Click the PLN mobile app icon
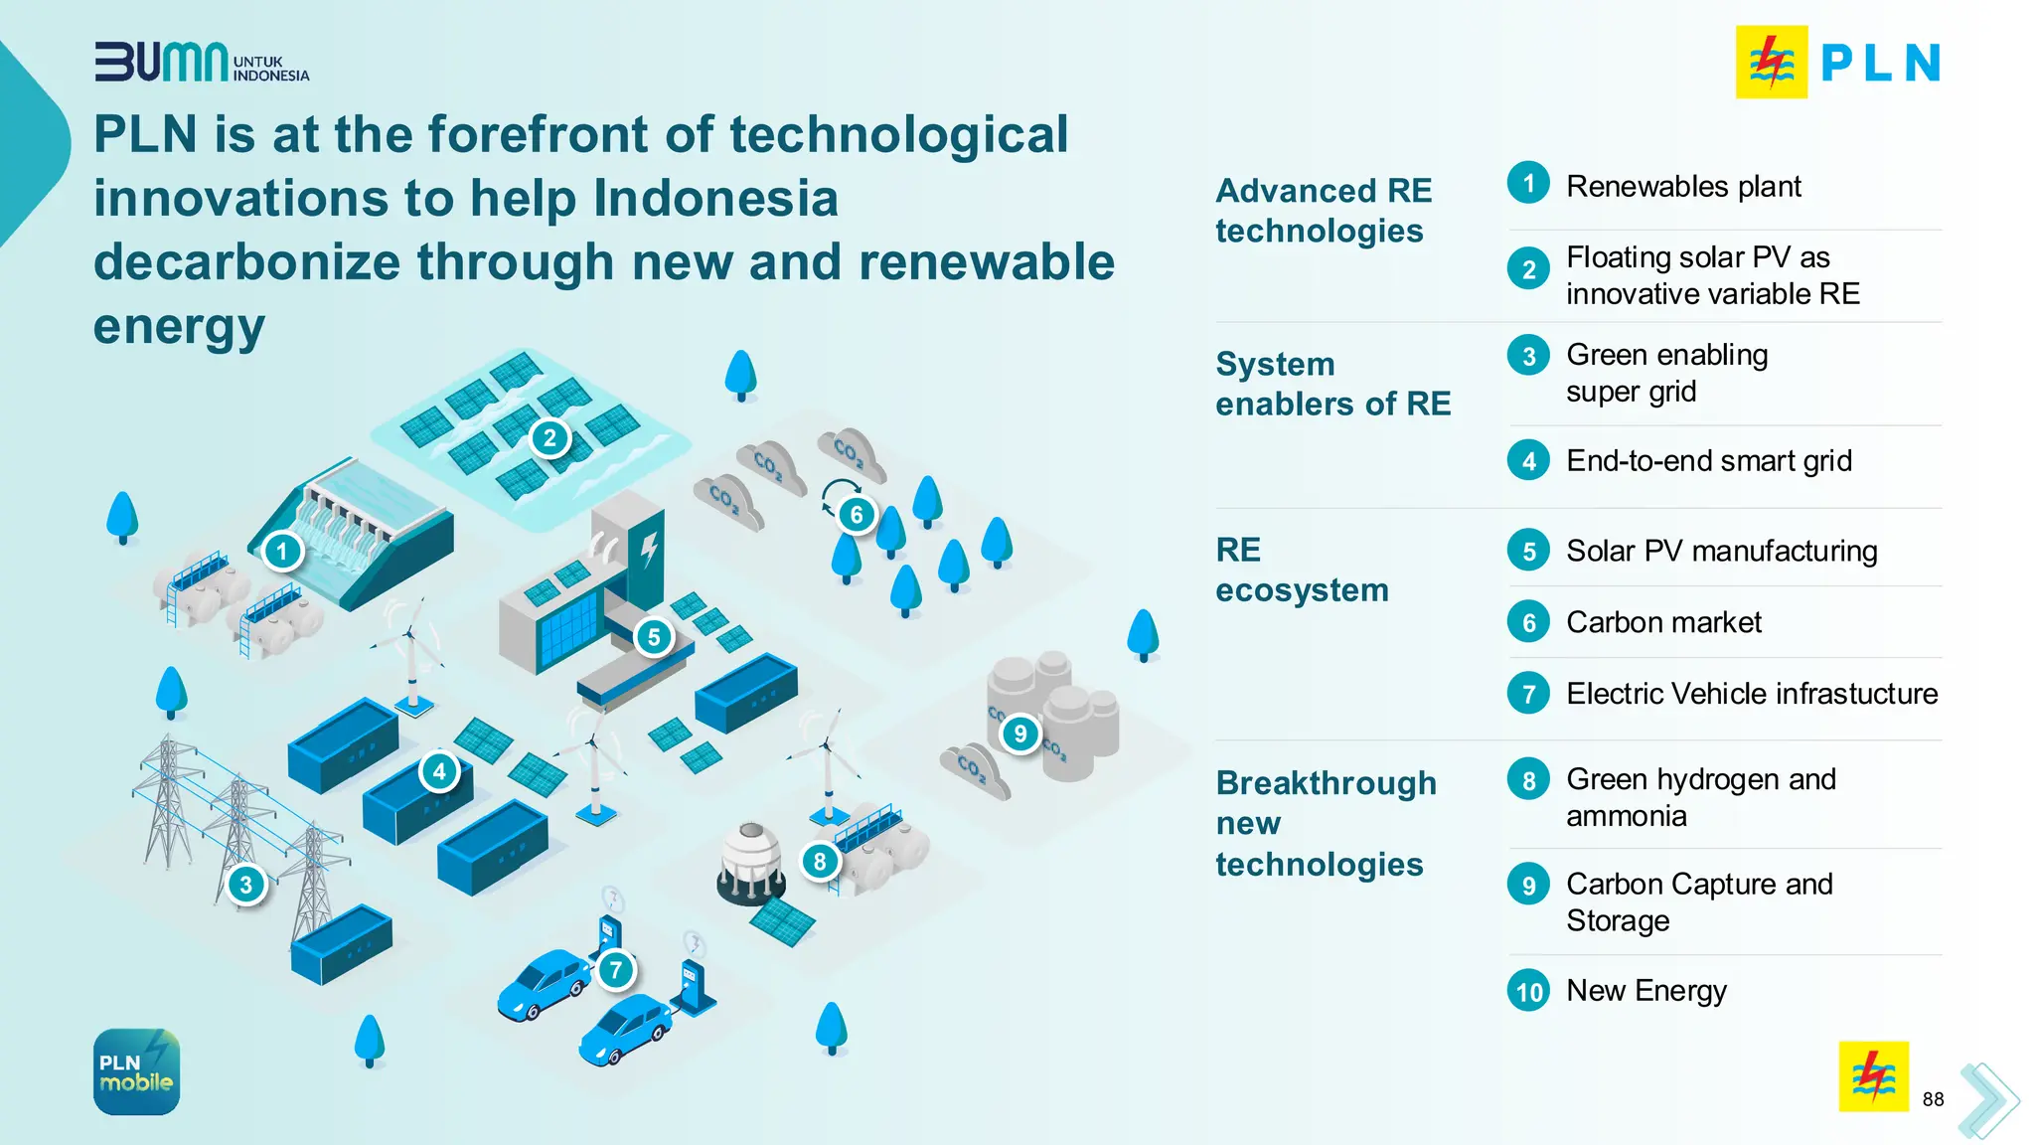(x=136, y=1071)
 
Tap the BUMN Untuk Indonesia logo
(x=202, y=63)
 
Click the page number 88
(x=1933, y=1099)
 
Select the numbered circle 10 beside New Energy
(x=1528, y=991)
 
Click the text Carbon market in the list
(x=1663, y=622)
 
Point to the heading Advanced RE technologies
(x=1324, y=211)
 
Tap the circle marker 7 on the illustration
(x=616, y=969)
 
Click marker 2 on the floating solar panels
(x=549, y=438)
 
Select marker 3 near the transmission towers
(x=245, y=884)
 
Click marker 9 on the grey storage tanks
(x=1019, y=734)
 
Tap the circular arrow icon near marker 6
(x=840, y=492)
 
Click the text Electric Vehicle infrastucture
(x=1752, y=694)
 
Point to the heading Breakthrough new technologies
(x=1326, y=823)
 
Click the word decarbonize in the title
(x=255, y=262)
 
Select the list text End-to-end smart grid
(x=1709, y=461)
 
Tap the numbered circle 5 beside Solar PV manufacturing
(x=1528, y=551)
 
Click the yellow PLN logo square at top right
(x=1771, y=63)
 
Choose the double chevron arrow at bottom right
(x=1987, y=1099)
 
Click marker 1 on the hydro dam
(x=282, y=550)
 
